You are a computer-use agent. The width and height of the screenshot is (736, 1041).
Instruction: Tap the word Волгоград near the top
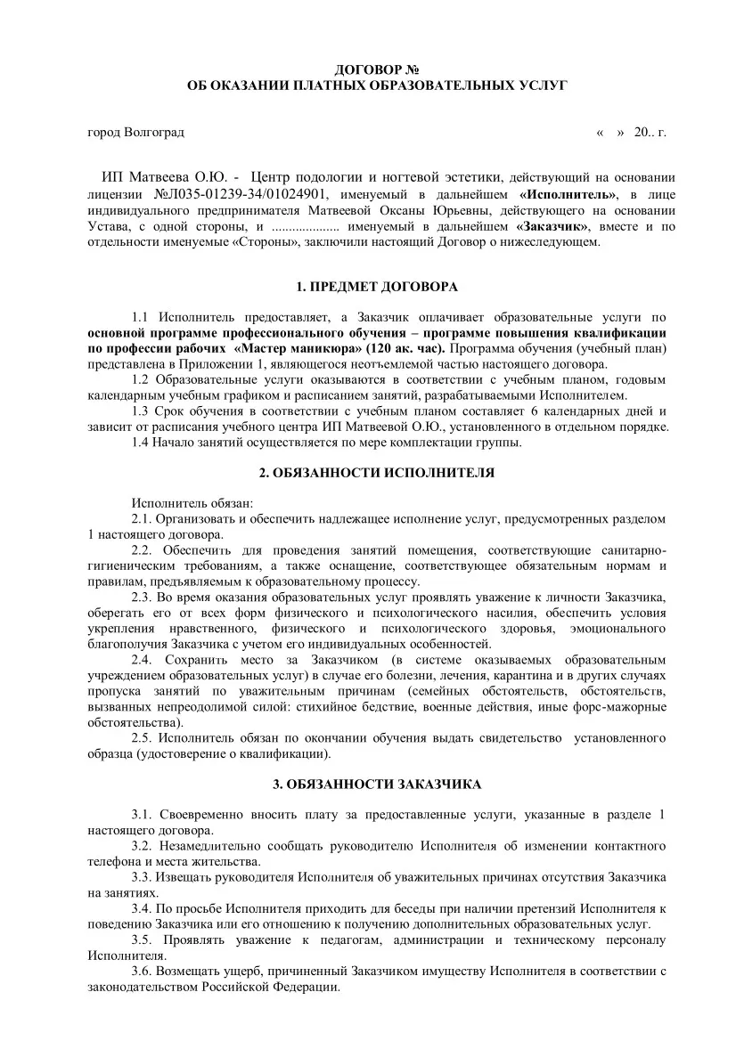(154, 133)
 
